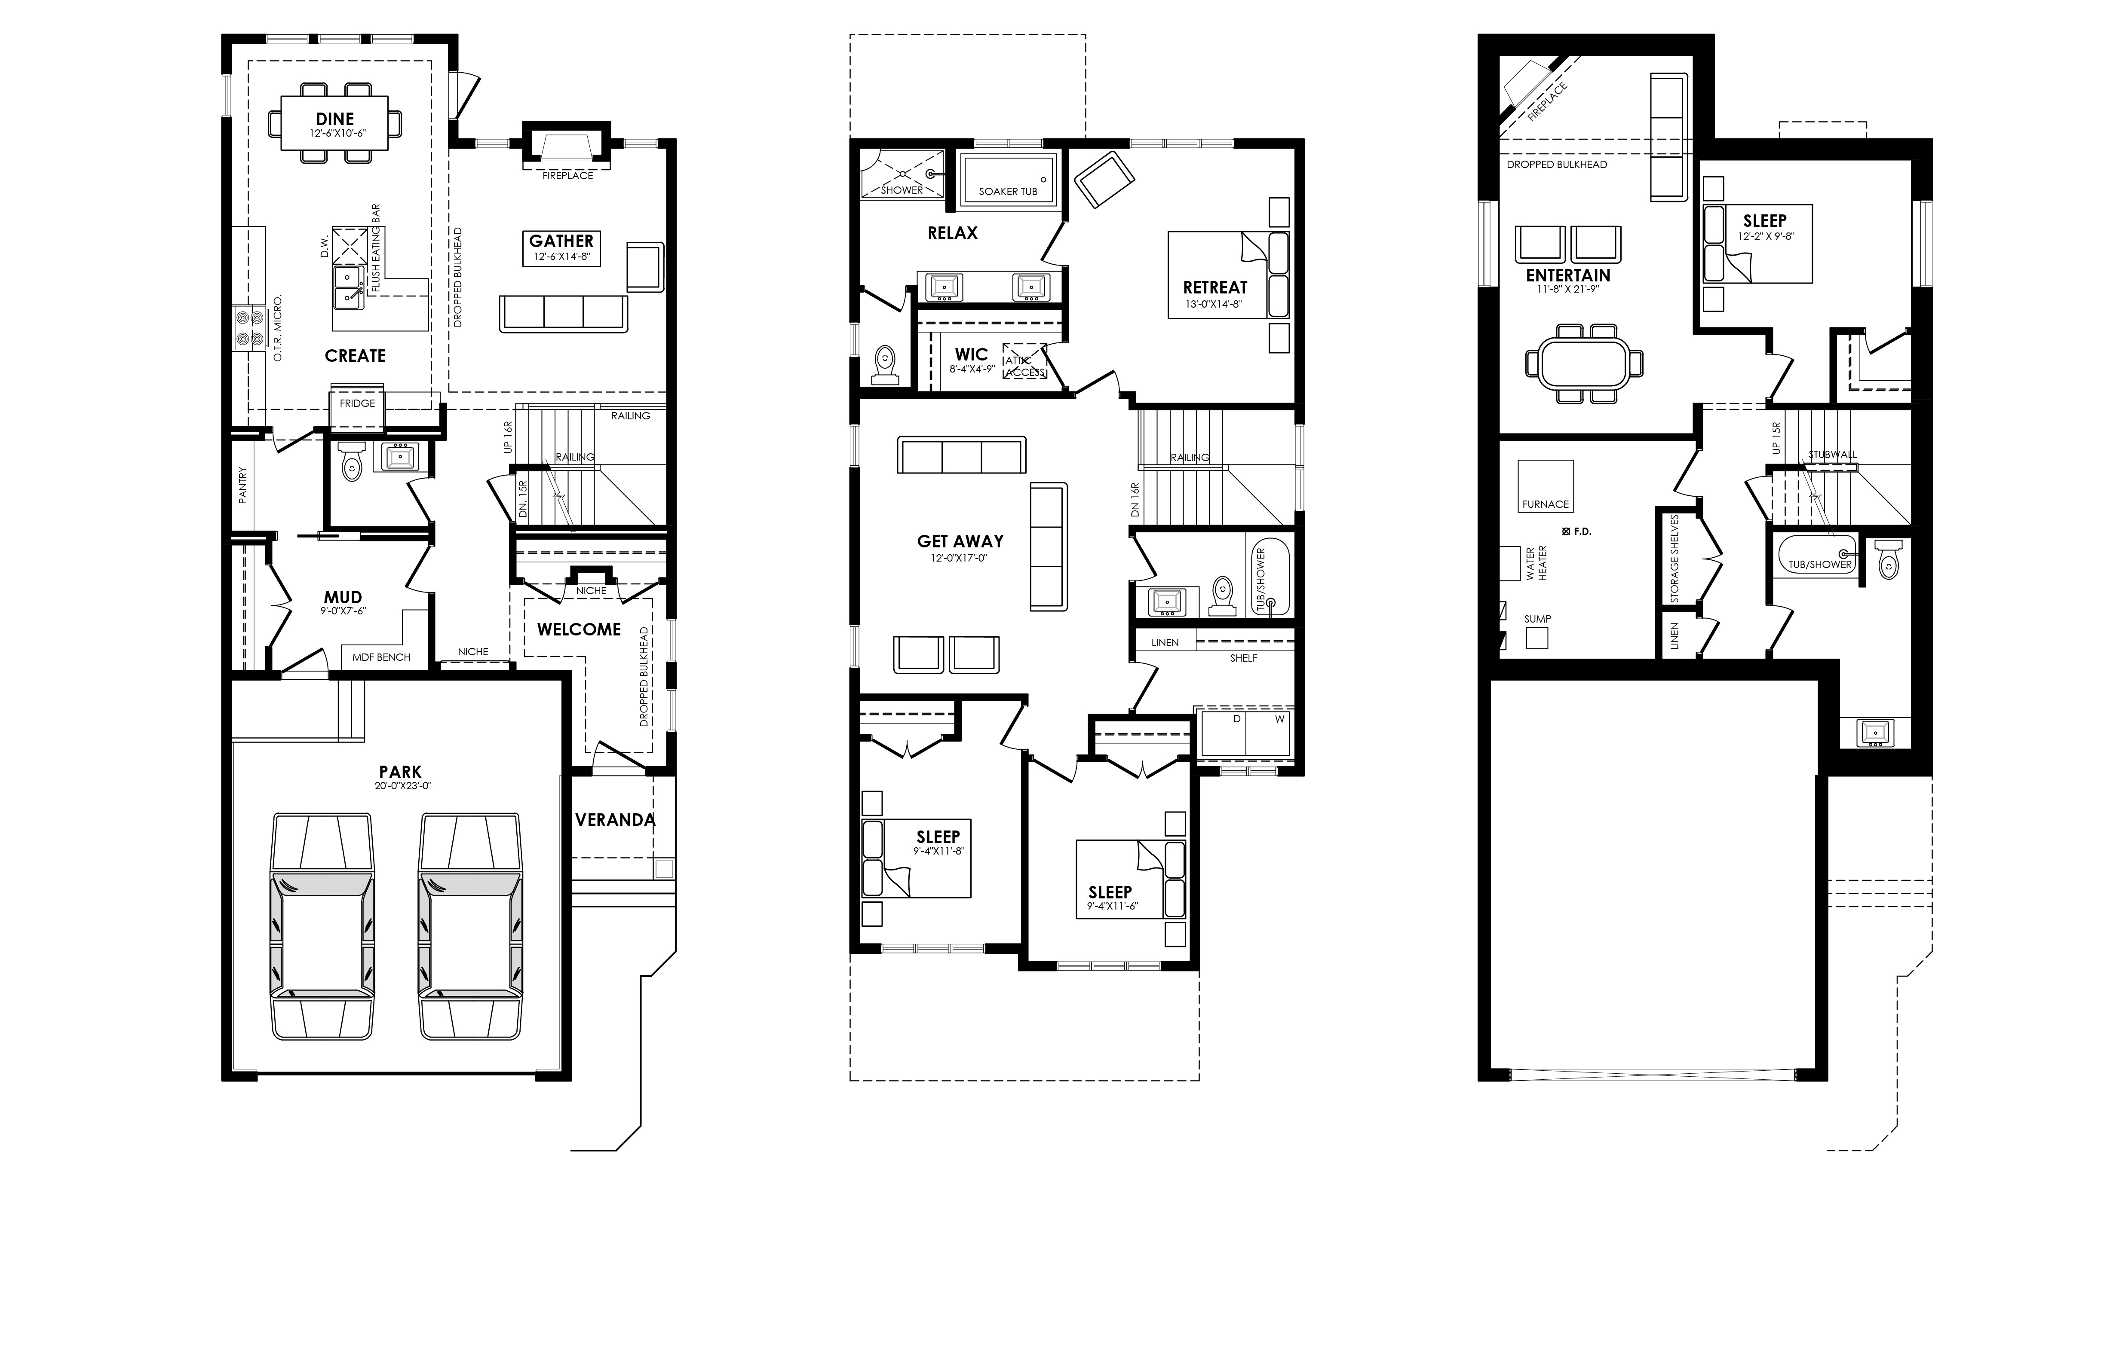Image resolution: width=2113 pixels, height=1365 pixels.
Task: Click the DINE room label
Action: click(x=335, y=119)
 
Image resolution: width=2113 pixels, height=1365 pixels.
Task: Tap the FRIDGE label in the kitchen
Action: click(x=357, y=403)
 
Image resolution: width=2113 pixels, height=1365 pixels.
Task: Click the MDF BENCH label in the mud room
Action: click(x=381, y=657)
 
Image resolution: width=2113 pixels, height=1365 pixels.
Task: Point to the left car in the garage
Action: click(x=322, y=926)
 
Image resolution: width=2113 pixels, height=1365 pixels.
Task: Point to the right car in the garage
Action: click(x=470, y=926)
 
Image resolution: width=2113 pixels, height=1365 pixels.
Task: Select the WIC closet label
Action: click(x=971, y=354)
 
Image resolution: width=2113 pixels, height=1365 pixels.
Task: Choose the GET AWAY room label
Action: click(x=960, y=541)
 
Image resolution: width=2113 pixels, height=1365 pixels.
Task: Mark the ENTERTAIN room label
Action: click(x=1568, y=276)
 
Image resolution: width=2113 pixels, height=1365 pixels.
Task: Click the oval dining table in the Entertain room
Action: click(x=1584, y=363)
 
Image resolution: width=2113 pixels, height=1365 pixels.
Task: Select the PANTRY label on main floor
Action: click(x=243, y=486)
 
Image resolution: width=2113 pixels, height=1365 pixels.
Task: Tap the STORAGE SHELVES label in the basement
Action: click(x=1674, y=559)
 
